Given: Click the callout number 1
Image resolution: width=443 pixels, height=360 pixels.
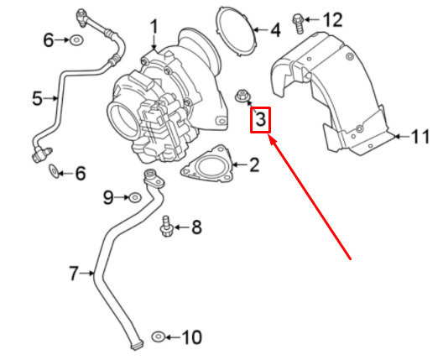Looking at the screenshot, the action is coord(154,28).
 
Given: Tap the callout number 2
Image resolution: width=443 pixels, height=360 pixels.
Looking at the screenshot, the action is coord(254,165).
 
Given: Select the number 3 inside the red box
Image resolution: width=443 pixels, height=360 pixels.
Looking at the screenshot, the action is coord(260,119).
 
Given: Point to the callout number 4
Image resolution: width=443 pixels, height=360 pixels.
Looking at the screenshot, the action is coord(275,30).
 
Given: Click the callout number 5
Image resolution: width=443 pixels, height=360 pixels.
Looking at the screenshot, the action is coord(38,99).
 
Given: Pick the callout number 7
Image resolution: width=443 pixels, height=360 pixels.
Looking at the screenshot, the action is coord(73,274).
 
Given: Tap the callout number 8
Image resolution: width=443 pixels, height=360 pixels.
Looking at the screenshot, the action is coord(196,227).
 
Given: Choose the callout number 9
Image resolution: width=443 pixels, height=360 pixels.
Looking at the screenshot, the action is coord(108,197).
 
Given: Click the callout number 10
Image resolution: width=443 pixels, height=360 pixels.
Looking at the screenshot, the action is coord(191,337).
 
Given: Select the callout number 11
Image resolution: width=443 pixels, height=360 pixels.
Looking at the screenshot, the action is coord(420,137).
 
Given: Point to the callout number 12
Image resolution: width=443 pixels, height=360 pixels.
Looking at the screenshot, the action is coord(332,19).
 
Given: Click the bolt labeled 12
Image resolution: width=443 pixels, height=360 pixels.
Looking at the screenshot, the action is coord(298,23).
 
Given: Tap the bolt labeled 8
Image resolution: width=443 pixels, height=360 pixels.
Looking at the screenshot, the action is coord(165,227).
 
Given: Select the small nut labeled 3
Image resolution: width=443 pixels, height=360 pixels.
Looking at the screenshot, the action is coord(242,96).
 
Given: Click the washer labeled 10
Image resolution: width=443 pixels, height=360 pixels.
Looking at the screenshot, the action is coord(159,337).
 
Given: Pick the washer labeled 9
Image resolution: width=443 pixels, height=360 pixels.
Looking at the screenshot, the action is coord(135,197).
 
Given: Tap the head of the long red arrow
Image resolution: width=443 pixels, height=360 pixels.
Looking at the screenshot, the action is coord(271,138).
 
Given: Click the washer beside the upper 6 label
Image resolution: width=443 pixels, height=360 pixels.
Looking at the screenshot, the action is coord(76,40).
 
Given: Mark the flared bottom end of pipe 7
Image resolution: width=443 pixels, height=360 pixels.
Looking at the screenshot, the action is coord(137,346).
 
